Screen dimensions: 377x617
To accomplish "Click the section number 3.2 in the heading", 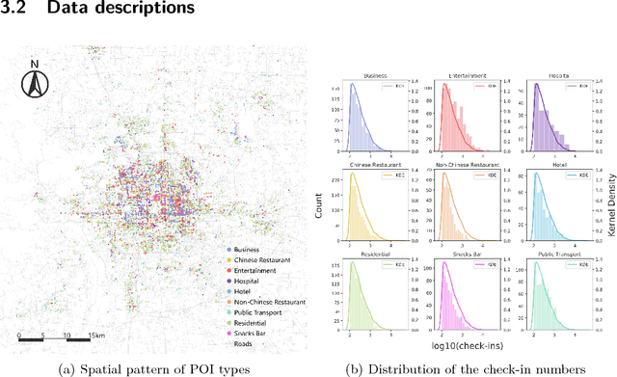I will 16,10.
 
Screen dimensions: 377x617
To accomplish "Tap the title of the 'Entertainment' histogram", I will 460,75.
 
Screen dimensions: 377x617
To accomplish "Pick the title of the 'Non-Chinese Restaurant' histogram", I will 460,164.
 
